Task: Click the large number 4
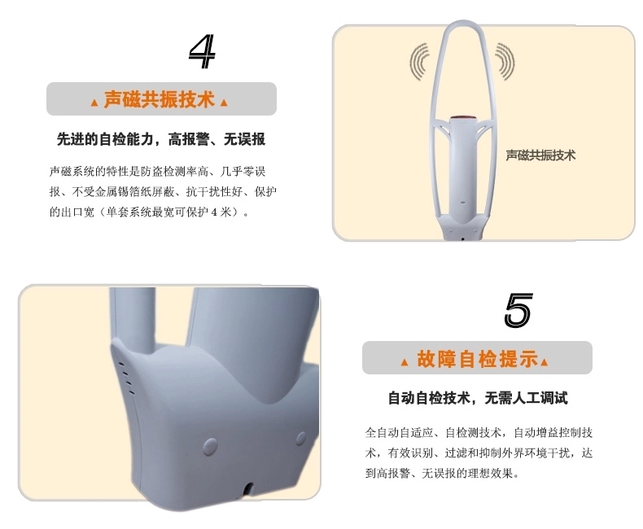pyautogui.click(x=202, y=51)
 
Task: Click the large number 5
pyautogui.click(x=518, y=310)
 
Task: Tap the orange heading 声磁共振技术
pyautogui.click(x=159, y=99)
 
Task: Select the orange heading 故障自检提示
pyautogui.click(x=478, y=359)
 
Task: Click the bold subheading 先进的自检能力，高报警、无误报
pyautogui.click(x=161, y=139)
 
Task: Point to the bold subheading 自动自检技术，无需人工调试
pyautogui.click(x=478, y=398)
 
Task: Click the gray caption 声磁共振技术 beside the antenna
pyautogui.click(x=540, y=155)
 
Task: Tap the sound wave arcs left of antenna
pyautogui.click(x=419, y=62)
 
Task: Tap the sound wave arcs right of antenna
pyautogui.click(x=505, y=61)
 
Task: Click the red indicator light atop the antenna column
pyautogui.click(x=463, y=119)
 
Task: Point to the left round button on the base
pyautogui.click(x=210, y=447)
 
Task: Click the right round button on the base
pyautogui.click(x=301, y=439)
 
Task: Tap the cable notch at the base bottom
pyautogui.click(x=248, y=488)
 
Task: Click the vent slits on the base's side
pyautogui.click(x=126, y=378)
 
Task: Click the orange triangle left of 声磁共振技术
pyautogui.click(x=94, y=103)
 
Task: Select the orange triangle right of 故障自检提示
pyautogui.click(x=545, y=361)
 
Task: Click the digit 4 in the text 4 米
pyautogui.click(x=215, y=212)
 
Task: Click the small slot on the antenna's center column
pyautogui.click(x=463, y=203)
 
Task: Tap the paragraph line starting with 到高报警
pyautogui.click(x=442, y=474)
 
